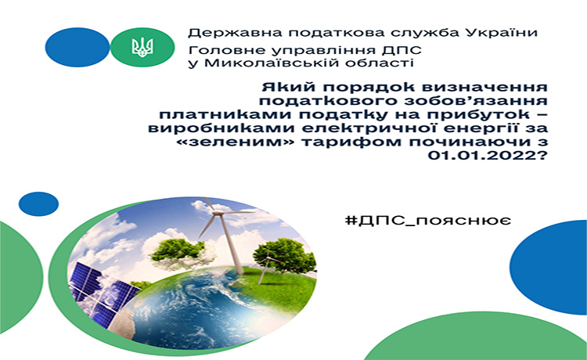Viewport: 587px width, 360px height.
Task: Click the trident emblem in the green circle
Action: click(x=142, y=47)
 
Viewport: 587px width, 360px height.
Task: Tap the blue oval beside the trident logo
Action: click(x=77, y=47)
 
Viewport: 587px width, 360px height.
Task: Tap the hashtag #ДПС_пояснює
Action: click(x=428, y=221)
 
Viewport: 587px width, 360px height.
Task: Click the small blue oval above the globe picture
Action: click(x=38, y=204)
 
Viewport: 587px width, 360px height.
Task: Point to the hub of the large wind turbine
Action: click(x=218, y=214)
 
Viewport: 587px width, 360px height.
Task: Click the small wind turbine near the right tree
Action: click(x=265, y=266)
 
